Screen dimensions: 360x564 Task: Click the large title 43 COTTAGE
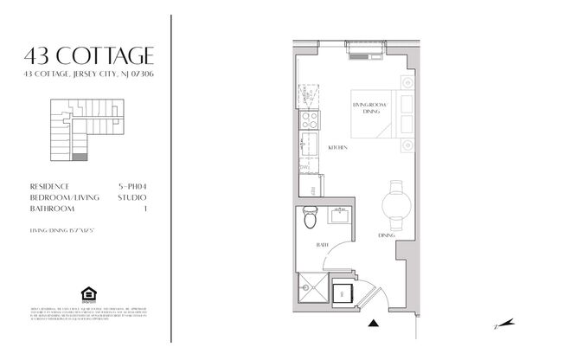[x=90, y=57]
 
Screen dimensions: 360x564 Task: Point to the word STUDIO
[x=134, y=197]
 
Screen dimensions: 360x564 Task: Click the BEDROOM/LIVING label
[x=59, y=197]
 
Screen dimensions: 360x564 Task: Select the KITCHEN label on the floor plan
[x=337, y=148]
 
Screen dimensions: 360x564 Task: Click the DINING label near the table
[x=387, y=235]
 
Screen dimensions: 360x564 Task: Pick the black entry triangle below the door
[x=373, y=325]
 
